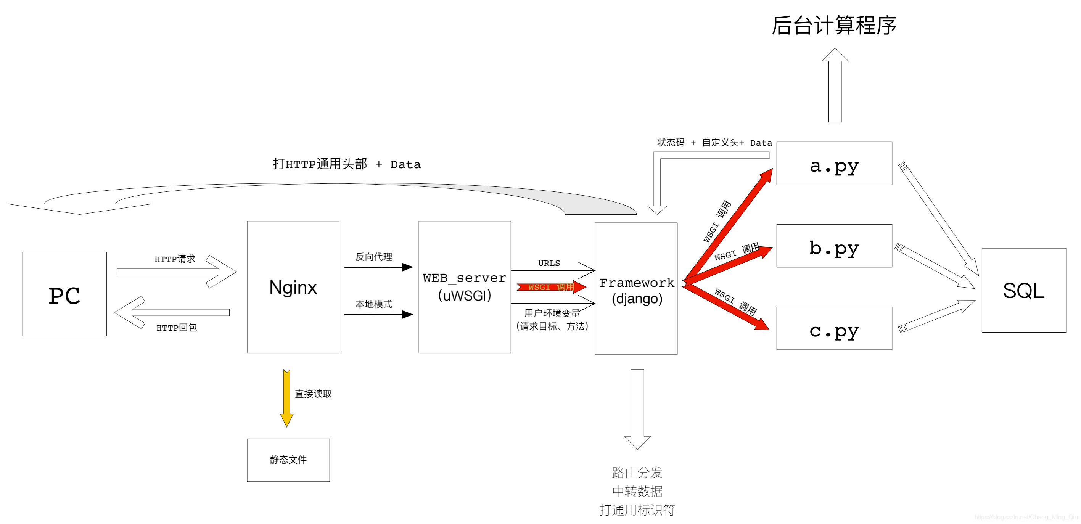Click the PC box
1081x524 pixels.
(x=64, y=294)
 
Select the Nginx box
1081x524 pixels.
(x=293, y=287)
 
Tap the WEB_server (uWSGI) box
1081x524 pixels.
(x=465, y=287)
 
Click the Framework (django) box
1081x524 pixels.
(x=636, y=289)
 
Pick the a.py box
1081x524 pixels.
(x=834, y=163)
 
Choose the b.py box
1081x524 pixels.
(x=834, y=246)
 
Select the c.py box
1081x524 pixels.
(x=834, y=328)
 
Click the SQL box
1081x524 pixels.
(x=1023, y=290)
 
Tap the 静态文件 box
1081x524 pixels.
(x=288, y=460)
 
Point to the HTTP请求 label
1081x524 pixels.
(x=175, y=259)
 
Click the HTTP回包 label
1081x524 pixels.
(x=177, y=328)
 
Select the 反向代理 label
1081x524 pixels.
(x=373, y=257)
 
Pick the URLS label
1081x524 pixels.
(x=549, y=263)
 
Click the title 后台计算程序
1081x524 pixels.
(x=834, y=25)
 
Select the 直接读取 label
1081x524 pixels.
(x=313, y=394)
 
